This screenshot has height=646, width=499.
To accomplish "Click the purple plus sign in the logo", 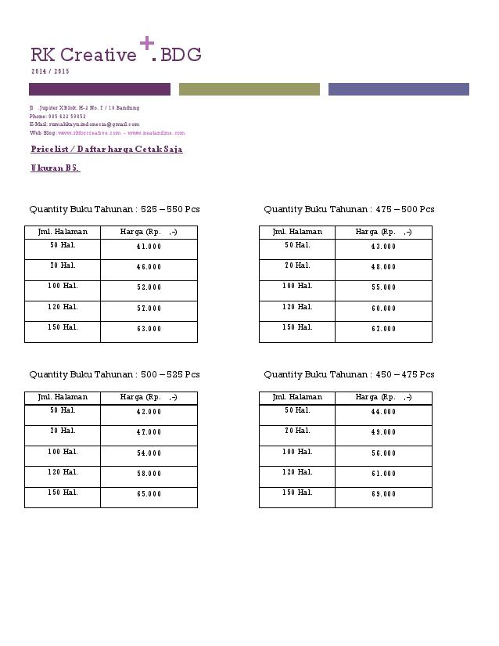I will pyautogui.click(x=146, y=45).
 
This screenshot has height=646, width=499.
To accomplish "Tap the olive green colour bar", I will pyautogui.click(x=249, y=89).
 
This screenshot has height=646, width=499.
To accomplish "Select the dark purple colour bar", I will pyautogui.click(x=99, y=89).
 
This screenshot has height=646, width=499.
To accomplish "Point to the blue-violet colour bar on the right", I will pyautogui.click(x=398, y=89).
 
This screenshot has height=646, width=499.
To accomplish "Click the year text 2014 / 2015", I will pyautogui.click(x=50, y=71).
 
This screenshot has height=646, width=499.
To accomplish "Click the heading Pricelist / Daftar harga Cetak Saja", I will pyautogui.click(x=106, y=149).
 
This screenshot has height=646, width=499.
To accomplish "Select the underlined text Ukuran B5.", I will pyautogui.click(x=55, y=168).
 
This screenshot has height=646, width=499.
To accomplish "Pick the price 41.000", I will pyautogui.click(x=149, y=247).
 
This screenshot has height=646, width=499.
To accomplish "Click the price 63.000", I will pyautogui.click(x=149, y=329).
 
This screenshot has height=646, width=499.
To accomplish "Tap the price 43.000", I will pyautogui.click(x=383, y=247).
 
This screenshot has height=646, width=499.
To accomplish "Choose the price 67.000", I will pyautogui.click(x=383, y=329).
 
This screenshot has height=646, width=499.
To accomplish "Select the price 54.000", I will pyautogui.click(x=149, y=453).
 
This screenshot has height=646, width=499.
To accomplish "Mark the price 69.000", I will pyautogui.click(x=383, y=494).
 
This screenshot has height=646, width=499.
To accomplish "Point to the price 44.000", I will pyautogui.click(x=383, y=412).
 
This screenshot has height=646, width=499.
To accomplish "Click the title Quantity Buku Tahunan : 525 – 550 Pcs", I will pyautogui.click(x=114, y=209).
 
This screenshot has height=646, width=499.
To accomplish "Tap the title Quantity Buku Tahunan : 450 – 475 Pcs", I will pyautogui.click(x=349, y=374).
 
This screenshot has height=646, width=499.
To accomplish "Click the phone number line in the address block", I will pyautogui.click(x=58, y=116).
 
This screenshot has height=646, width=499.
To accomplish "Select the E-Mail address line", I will pyautogui.click(x=84, y=124).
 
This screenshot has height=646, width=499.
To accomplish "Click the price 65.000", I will pyautogui.click(x=149, y=494).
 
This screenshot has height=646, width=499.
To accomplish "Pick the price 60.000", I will pyautogui.click(x=383, y=309).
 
